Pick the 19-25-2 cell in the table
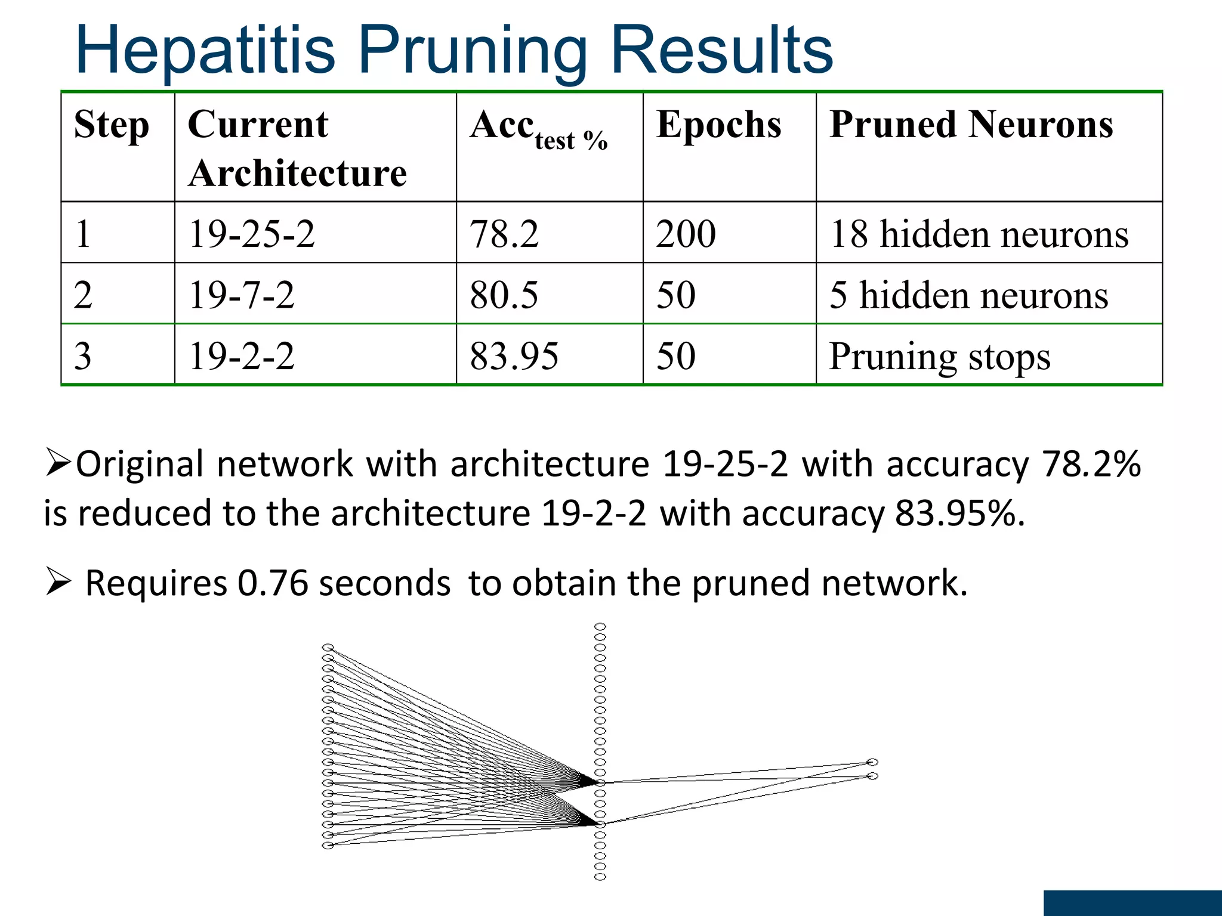251,234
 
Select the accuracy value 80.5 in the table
504,295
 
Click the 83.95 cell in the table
514,356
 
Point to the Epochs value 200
686,234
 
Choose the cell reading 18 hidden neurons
979,234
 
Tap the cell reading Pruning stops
939,357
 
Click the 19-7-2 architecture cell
242,295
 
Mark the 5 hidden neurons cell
968,295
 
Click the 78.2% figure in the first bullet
1091,464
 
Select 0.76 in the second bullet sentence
272,583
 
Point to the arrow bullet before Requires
58,582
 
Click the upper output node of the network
872,762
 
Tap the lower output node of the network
872,776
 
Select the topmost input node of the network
328,648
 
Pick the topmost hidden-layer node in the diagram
600,627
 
